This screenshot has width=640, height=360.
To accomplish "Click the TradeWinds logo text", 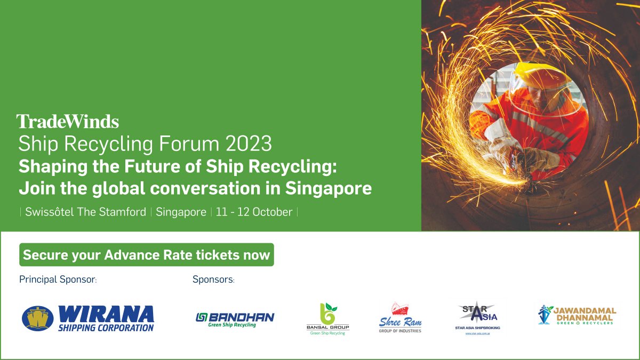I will (68, 122).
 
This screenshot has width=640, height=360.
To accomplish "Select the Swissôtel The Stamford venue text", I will (86, 212).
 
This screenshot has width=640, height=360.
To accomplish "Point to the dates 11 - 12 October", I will (254, 212).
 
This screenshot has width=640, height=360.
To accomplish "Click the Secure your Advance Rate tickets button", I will (147, 255).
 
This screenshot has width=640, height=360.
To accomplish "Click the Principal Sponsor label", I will (58, 279).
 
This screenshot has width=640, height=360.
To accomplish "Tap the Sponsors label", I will (213, 279).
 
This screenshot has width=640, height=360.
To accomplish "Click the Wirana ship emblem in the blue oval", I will (38, 318).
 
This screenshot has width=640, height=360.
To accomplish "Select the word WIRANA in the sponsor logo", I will (106, 314).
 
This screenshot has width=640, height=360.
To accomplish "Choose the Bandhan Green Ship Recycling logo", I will (235, 319).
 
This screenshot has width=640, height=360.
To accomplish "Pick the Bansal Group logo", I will (327, 319).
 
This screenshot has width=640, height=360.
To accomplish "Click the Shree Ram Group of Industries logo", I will (400, 318).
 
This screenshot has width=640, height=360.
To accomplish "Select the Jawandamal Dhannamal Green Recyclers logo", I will (577, 315).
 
